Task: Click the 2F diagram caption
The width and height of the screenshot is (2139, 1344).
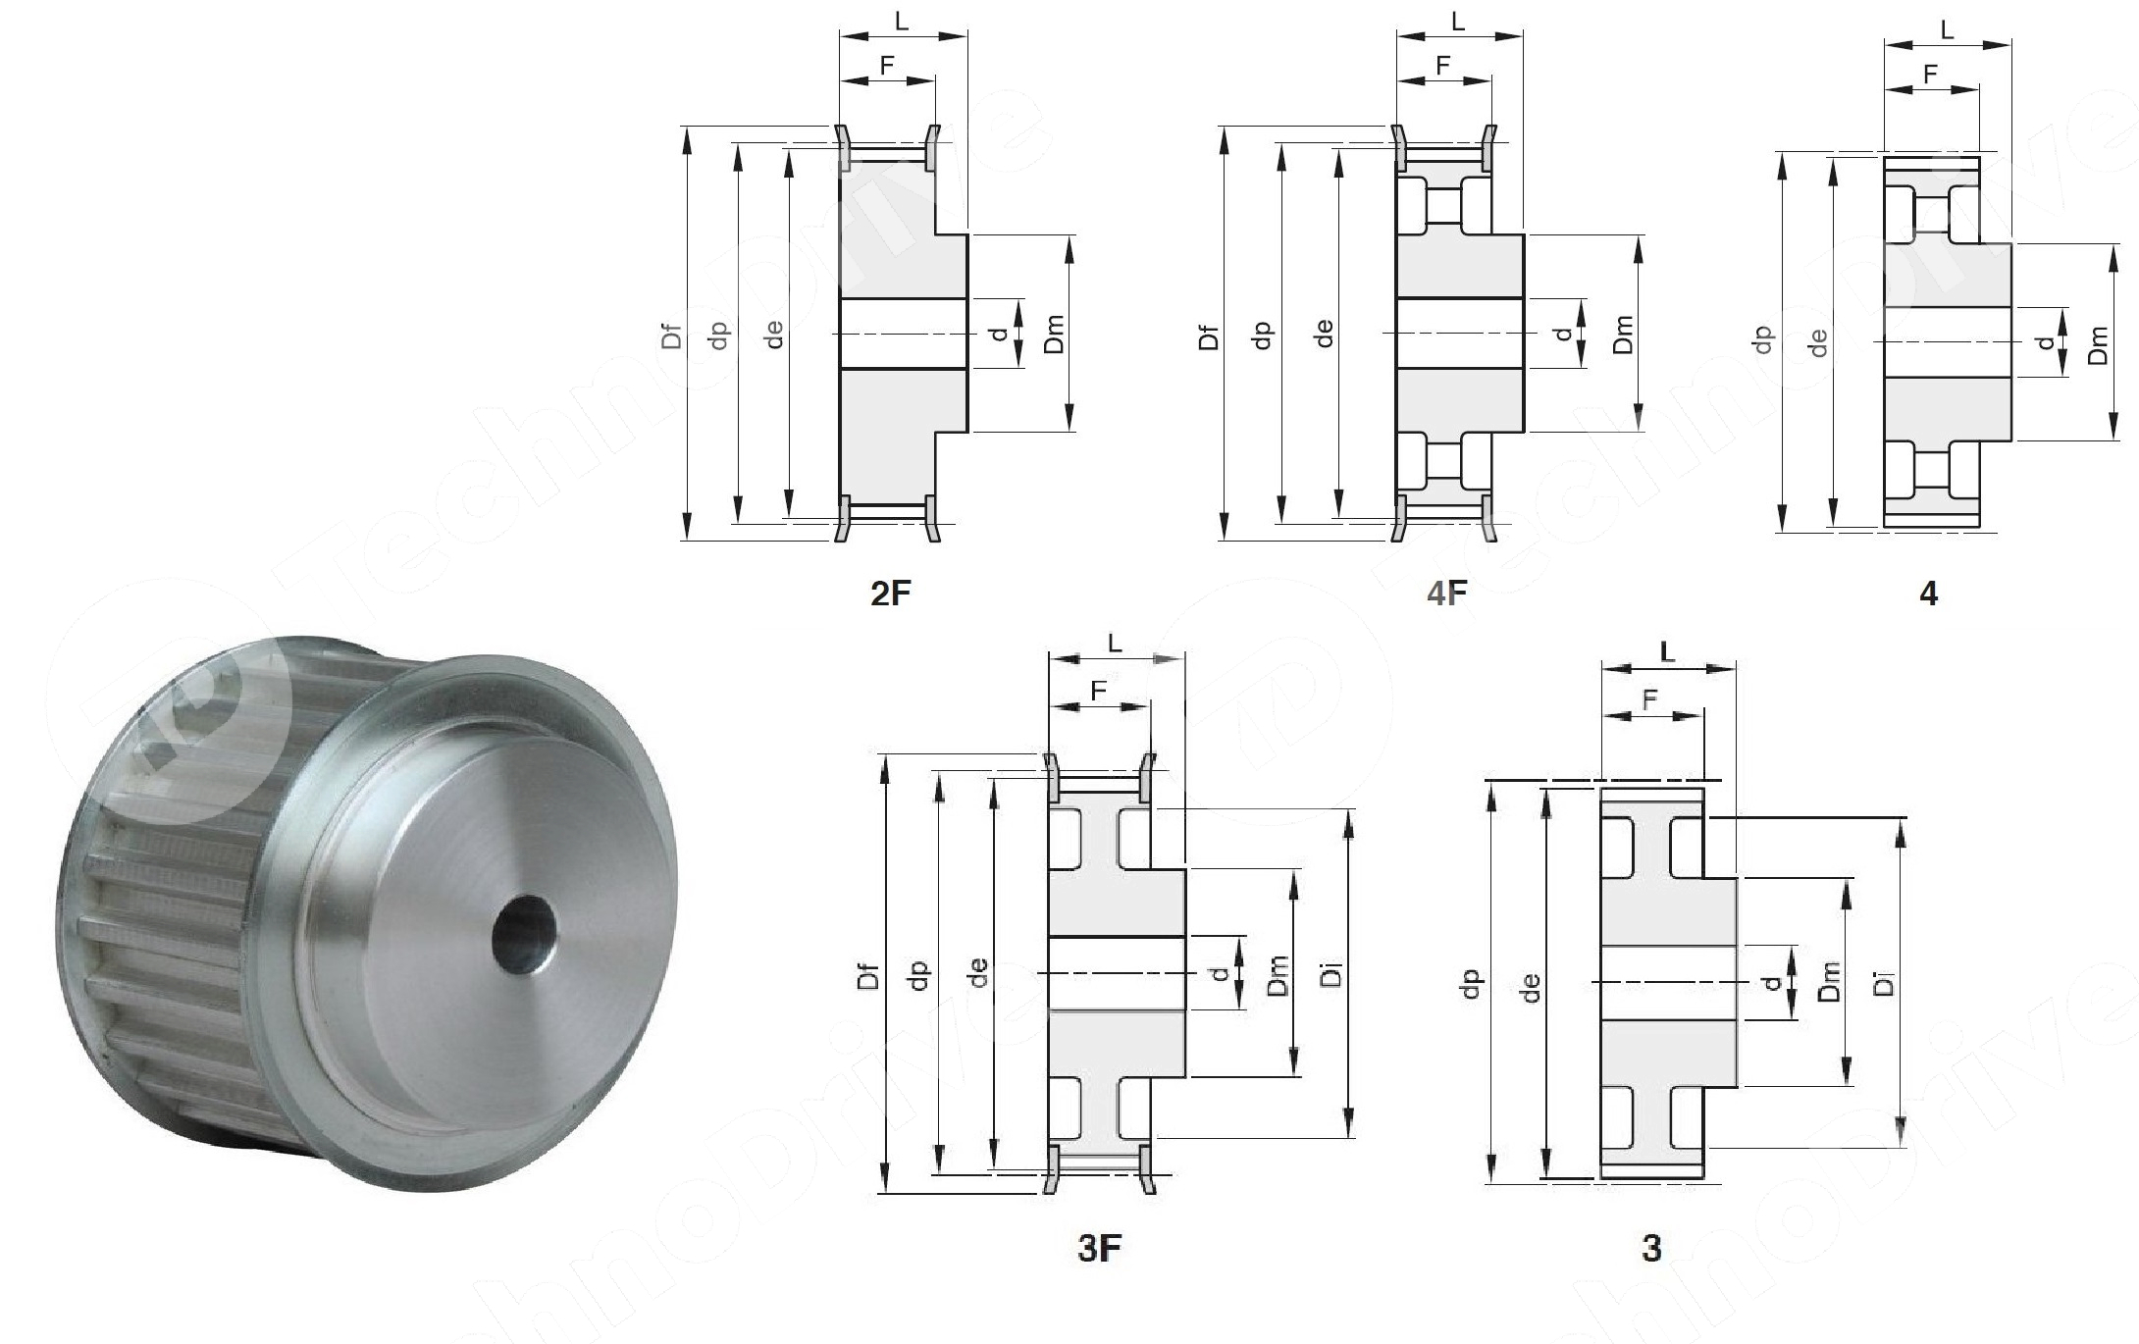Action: pos(891,594)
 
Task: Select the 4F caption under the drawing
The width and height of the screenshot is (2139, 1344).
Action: pos(1446,594)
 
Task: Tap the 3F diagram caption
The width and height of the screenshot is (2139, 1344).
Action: pos(1099,1248)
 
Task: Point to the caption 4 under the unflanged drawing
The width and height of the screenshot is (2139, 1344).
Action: pos(1928,594)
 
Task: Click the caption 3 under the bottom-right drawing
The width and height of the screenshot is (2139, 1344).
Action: pos(1651,1248)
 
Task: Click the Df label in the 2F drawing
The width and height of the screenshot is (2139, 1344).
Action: pos(671,336)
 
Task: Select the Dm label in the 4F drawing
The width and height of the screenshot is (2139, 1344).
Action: pos(1623,335)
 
